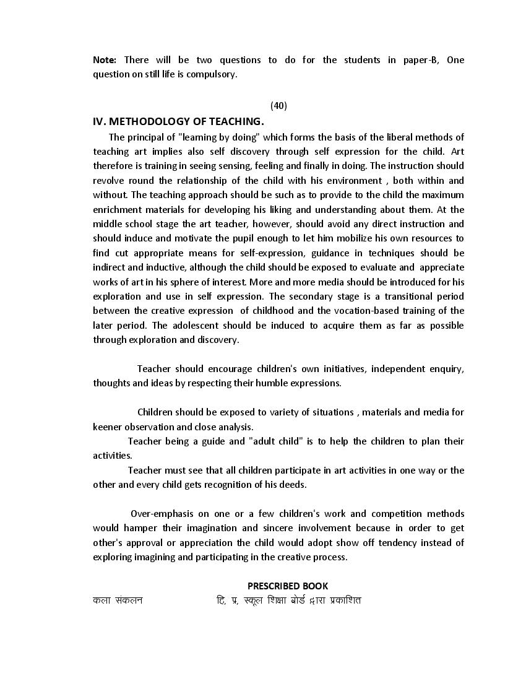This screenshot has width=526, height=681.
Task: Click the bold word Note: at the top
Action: click(x=105, y=60)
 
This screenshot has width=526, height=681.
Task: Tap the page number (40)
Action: click(x=278, y=105)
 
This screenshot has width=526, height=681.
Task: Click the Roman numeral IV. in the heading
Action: click(x=100, y=121)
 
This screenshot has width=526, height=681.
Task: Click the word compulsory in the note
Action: click(x=214, y=74)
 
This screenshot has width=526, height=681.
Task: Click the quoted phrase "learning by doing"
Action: click(x=218, y=137)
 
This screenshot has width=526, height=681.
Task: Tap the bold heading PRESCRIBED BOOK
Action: click(x=288, y=586)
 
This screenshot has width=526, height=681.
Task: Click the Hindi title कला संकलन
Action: click(x=118, y=600)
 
